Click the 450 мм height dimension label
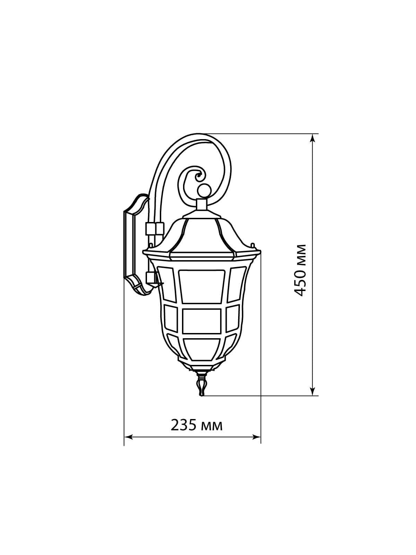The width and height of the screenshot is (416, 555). click(x=301, y=270)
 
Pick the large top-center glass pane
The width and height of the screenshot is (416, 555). click(x=202, y=287)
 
